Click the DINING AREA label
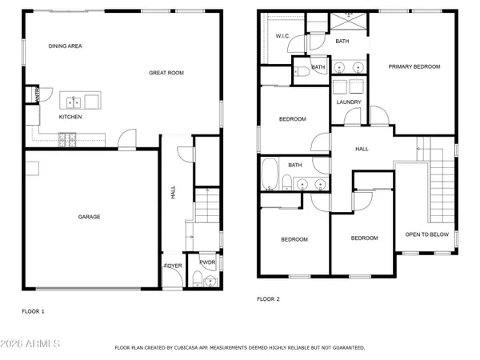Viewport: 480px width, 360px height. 66,46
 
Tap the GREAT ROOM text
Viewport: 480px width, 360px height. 166,73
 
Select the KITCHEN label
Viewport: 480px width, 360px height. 70,117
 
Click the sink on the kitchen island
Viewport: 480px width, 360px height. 74,101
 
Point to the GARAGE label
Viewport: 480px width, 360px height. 89,216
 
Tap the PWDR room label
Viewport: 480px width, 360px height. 207,262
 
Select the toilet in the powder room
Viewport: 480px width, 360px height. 197,280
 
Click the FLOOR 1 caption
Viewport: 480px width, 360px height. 33,311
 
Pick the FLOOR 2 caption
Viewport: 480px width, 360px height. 269,298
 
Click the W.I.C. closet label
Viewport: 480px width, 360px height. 282,36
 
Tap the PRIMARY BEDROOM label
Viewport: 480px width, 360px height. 414,66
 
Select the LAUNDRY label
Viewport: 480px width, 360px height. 349,102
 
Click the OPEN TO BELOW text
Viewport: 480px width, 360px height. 426,234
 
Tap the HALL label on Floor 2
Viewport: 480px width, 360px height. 362,149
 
